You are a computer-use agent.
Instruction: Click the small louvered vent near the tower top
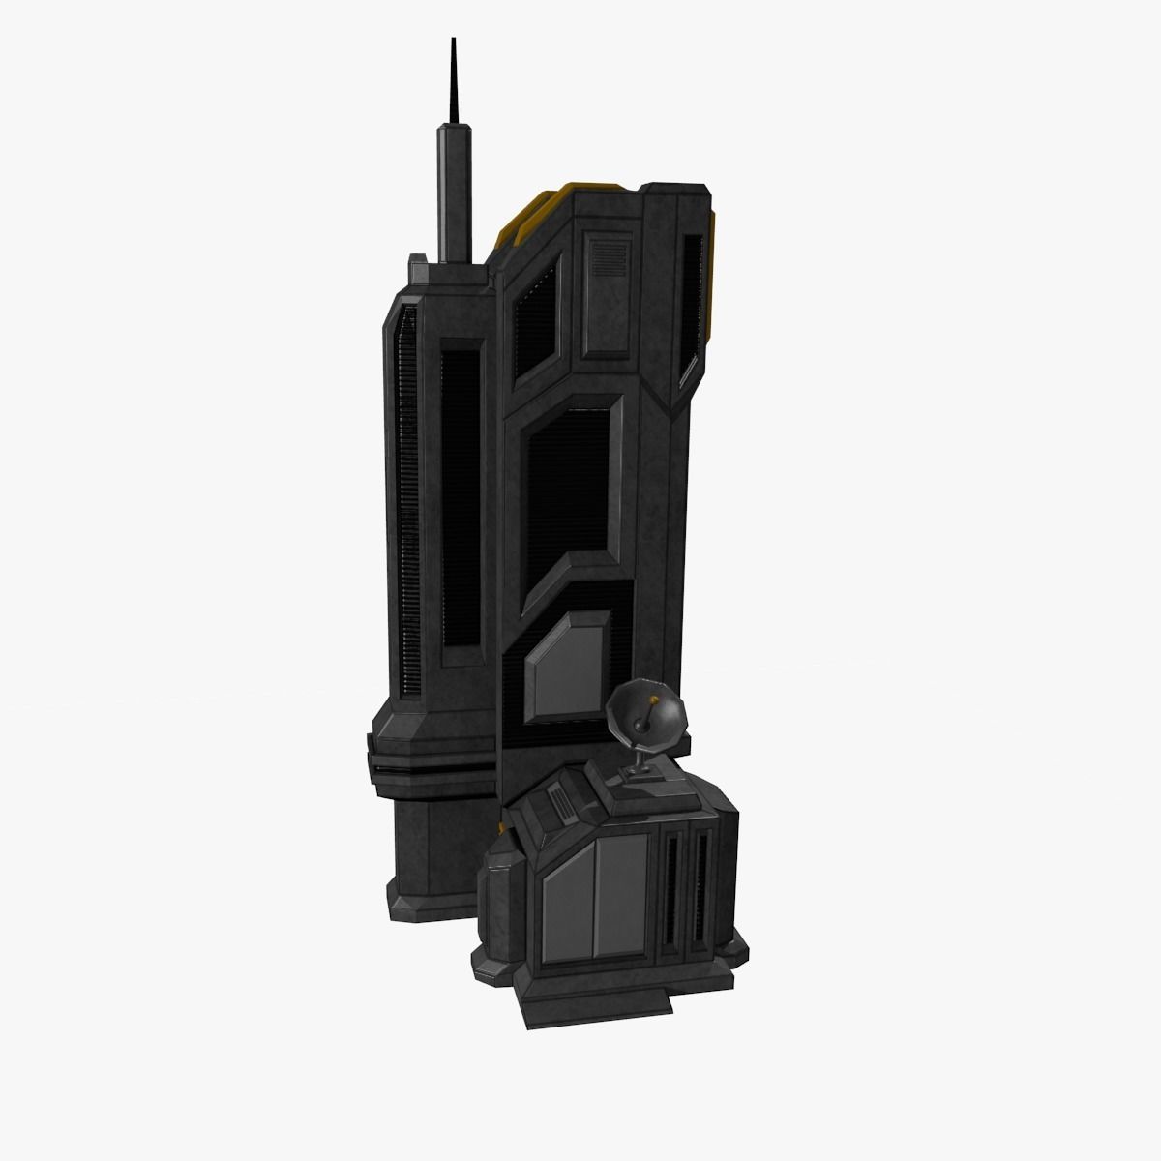[x=609, y=258]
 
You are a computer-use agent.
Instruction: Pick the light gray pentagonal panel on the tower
[x=567, y=668]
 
